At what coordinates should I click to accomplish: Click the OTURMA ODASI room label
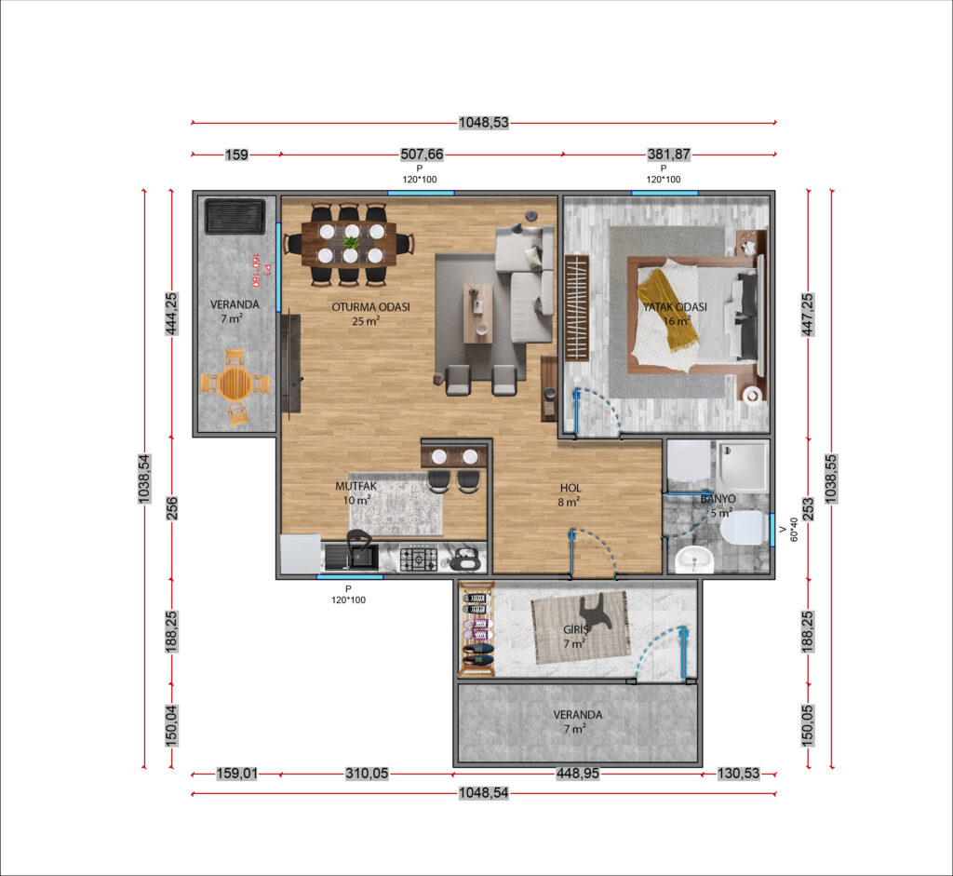coord(370,307)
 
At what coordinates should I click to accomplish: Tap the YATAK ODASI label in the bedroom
coord(675,307)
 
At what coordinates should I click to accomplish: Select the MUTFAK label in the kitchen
coord(356,486)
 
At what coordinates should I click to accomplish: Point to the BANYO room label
coord(718,499)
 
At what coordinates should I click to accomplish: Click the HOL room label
coord(570,488)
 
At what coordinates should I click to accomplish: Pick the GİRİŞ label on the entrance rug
coord(575,630)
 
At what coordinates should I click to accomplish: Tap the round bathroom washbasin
coord(693,559)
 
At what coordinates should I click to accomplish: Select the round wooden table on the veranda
coord(235,383)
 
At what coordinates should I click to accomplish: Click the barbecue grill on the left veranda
coord(235,216)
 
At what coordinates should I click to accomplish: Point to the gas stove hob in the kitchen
coord(418,559)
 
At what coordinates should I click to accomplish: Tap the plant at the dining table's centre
coord(351,243)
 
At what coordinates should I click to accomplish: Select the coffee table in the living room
coord(477,314)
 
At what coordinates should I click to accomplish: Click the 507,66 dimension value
coord(422,155)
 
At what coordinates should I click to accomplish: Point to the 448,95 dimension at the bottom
coord(577,774)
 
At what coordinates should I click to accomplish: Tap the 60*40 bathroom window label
coord(794,530)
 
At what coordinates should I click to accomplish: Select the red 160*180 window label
coord(255,271)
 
